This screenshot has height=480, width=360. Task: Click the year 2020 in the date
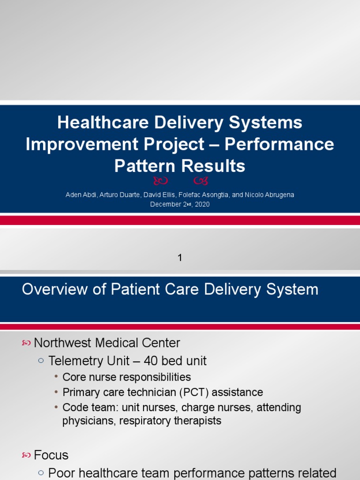202,204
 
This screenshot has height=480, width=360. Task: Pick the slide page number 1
180,257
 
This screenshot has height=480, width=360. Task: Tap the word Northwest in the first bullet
62,343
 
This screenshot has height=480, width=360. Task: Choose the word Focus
52,455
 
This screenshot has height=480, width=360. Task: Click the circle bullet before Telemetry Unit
40,361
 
